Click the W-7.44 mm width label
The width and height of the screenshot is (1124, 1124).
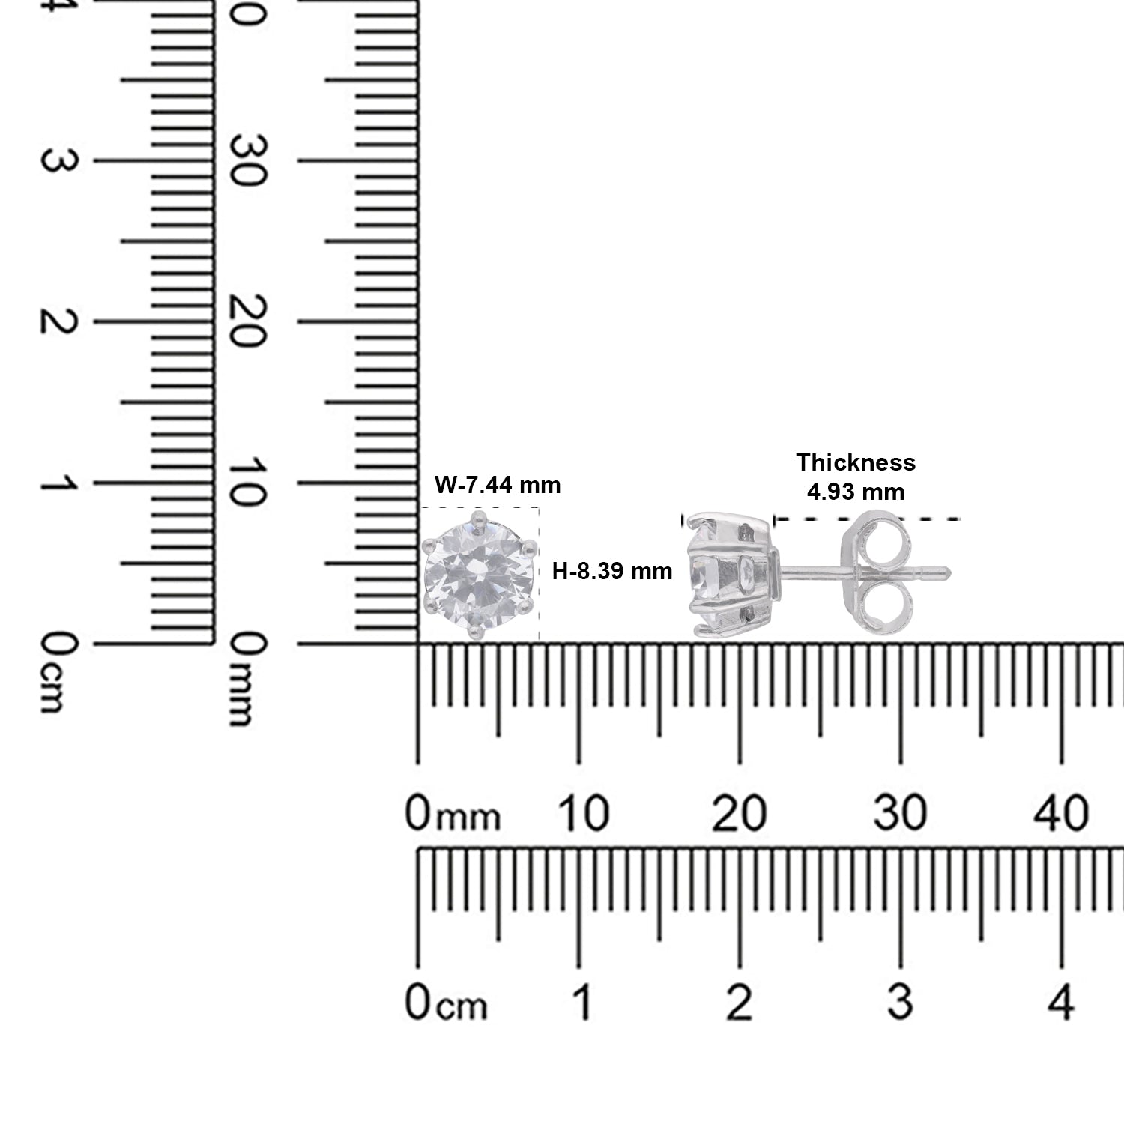pos(498,486)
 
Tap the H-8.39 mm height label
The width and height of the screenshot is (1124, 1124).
pos(611,572)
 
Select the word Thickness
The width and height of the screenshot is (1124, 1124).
pos(856,462)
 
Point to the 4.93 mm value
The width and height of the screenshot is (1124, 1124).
pos(856,492)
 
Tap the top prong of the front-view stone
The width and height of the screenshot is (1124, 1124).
pos(477,517)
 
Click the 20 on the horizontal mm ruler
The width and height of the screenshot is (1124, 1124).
pos(739,814)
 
